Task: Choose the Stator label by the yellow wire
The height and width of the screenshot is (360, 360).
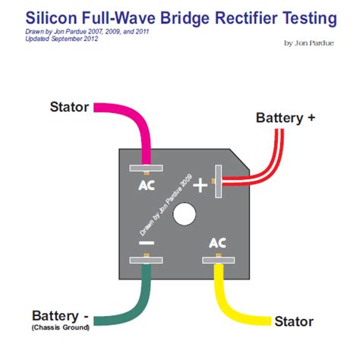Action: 293,321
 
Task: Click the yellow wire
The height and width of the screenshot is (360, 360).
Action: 228,304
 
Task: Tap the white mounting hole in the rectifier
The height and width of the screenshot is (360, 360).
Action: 184,214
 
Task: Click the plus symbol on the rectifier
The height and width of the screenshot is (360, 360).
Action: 201,184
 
